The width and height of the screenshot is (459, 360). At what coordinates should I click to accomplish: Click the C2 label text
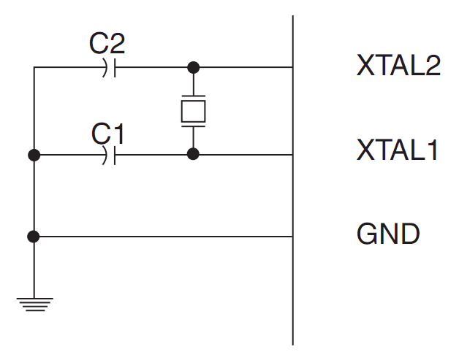[107, 44]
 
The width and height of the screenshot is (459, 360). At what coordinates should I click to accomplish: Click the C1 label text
[108, 133]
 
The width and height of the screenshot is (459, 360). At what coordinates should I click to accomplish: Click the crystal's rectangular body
[193, 111]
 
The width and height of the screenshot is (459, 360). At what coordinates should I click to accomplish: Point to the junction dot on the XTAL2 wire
[193, 68]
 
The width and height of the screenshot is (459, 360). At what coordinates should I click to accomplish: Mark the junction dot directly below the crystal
[193, 154]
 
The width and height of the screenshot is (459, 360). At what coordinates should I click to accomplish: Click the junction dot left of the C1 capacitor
[34, 155]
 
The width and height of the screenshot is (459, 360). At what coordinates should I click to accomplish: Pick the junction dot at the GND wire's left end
[34, 237]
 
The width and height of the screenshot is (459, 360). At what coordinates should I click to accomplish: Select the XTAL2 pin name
[398, 66]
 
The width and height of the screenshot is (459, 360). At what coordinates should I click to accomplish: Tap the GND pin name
[388, 234]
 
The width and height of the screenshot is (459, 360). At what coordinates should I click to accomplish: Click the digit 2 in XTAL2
[432, 66]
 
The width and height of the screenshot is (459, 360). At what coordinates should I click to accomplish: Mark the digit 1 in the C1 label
[118, 133]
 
